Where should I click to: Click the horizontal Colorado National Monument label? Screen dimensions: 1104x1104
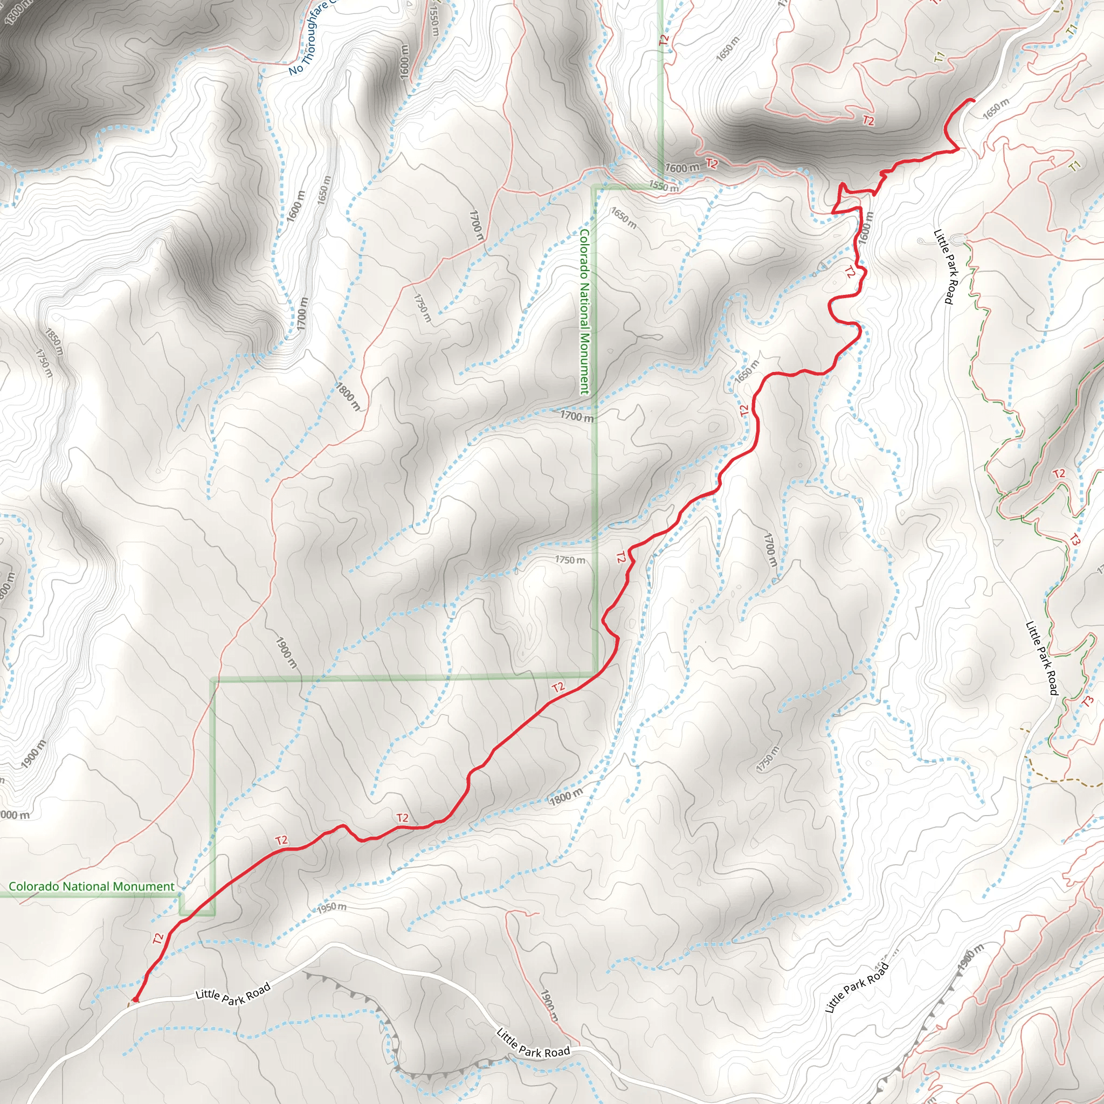tap(92, 886)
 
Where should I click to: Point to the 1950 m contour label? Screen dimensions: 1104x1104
tap(332, 907)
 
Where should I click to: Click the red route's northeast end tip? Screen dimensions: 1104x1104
tap(972, 101)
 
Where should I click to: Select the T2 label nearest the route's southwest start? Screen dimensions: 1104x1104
tap(158, 938)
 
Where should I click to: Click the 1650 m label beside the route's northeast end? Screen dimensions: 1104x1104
tap(996, 109)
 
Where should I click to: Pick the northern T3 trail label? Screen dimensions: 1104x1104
tap(1075, 540)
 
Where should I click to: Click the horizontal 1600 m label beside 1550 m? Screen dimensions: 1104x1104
tap(682, 168)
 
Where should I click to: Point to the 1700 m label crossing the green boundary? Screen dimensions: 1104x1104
tap(577, 416)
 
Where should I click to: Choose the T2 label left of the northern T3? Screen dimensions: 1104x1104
tap(1059, 474)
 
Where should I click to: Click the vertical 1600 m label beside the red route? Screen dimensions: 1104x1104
tap(866, 227)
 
